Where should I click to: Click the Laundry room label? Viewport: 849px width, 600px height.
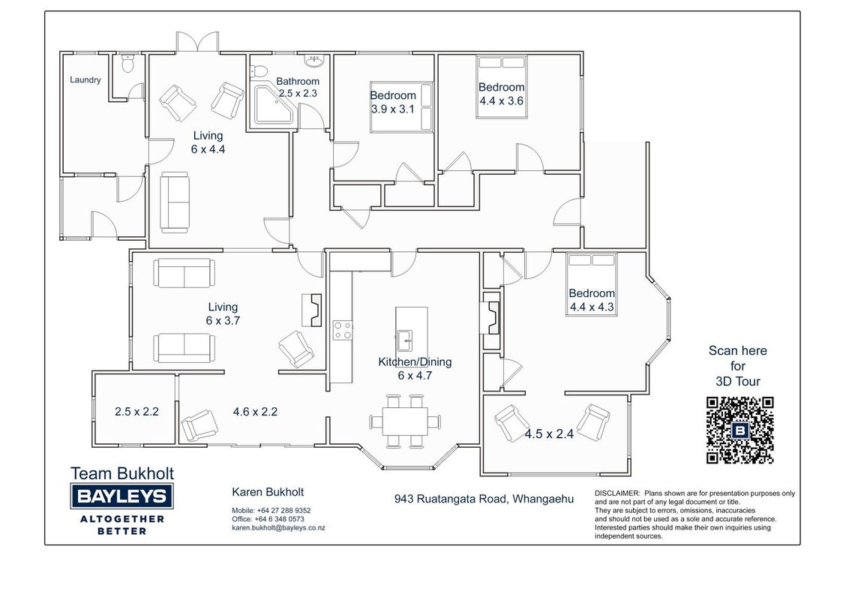click(85, 79)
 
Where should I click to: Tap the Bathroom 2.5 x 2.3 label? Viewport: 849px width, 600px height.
click(298, 87)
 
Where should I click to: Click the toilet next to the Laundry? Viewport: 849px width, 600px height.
click(127, 63)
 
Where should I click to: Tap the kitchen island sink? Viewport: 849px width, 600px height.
click(404, 340)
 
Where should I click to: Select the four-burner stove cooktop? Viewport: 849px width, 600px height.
click(343, 330)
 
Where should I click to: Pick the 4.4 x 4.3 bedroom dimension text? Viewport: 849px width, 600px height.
click(592, 307)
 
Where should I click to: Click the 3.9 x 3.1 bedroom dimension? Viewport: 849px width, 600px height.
click(392, 109)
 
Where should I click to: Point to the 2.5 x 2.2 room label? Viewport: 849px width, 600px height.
click(136, 412)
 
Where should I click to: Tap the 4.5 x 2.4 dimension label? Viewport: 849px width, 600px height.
click(549, 433)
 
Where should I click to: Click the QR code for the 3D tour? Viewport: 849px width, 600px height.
click(739, 430)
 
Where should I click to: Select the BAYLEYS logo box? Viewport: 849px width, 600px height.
click(121, 496)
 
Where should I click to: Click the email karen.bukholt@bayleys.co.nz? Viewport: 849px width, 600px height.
click(278, 527)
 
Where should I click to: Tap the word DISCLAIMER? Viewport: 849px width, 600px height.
click(617, 493)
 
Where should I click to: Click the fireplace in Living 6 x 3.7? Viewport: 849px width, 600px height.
click(312, 310)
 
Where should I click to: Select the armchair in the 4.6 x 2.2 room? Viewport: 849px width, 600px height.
click(199, 425)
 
